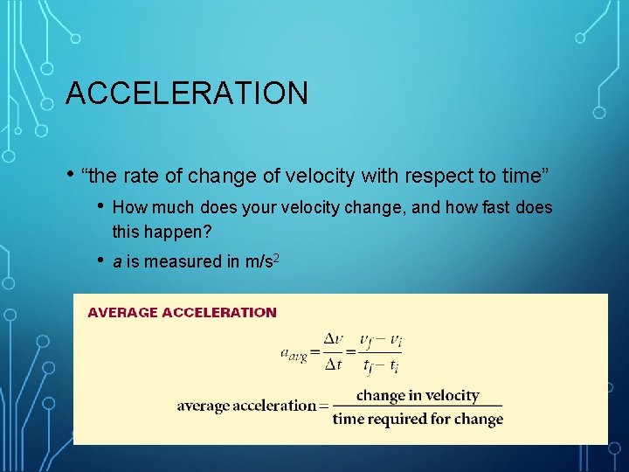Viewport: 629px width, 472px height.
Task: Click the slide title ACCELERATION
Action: pos(187,93)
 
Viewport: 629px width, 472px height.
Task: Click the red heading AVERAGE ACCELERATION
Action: pos(182,312)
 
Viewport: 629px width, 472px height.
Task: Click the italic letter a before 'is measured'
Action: pos(118,261)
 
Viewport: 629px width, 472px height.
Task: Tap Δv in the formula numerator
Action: pos(334,339)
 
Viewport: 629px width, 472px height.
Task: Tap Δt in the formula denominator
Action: pos(334,364)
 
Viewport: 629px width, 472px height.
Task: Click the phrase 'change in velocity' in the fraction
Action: pos(418,395)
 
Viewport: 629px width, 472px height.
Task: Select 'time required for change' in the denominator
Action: pos(418,419)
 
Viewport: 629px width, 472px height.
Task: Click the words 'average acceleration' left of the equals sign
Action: pos(245,406)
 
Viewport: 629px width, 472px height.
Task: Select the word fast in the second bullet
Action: pos(498,208)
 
